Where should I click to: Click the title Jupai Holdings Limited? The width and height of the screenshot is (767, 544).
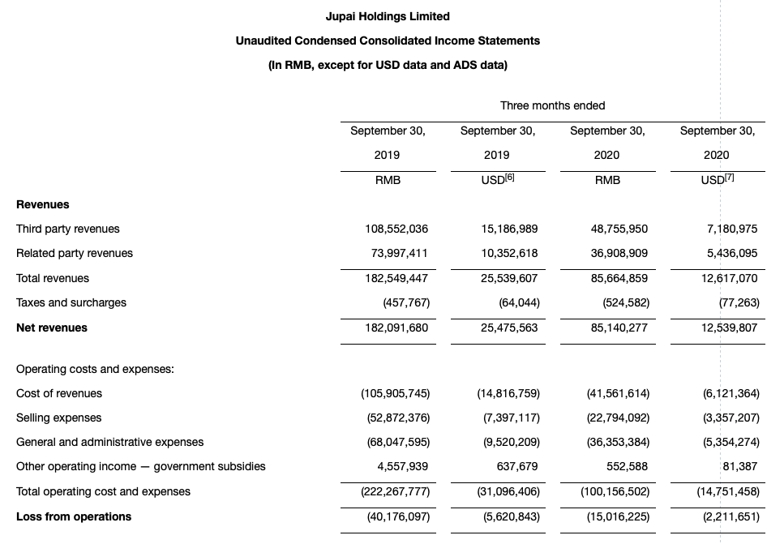[388, 16]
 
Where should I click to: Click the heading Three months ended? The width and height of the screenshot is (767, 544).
[552, 105]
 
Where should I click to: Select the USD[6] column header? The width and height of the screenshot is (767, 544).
[497, 180]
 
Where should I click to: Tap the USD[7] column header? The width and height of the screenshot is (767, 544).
[717, 180]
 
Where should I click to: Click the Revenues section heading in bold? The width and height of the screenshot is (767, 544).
[43, 204]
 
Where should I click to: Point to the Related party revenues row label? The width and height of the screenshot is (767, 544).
[75, 253]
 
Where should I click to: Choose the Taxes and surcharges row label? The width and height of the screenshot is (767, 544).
[71, 302]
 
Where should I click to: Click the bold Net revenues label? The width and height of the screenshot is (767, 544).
[52, 328]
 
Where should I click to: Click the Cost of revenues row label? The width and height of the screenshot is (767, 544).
[59, 393]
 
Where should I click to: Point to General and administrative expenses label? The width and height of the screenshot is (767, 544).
[110, 442]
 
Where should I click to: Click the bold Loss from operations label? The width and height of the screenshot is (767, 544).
[74, 516]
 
